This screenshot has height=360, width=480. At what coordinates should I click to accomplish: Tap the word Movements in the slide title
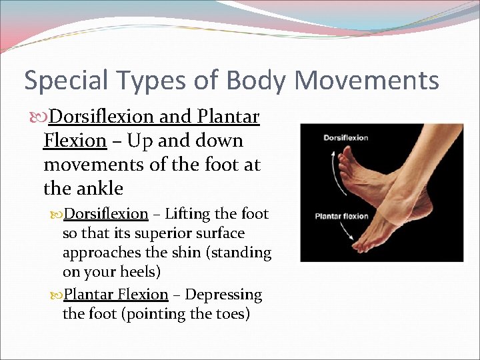click(x=367, y=80)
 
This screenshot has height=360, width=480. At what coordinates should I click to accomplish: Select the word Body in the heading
click(x=257, y=80)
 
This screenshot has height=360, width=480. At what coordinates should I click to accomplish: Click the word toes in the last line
click(x=227, y=313)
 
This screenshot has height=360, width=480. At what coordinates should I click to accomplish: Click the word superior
click(x=163, y=233)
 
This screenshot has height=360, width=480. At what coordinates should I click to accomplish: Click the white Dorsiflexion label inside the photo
click(x=345, y=138)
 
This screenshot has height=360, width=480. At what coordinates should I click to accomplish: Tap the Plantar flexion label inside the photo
click(x=341, y=216)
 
